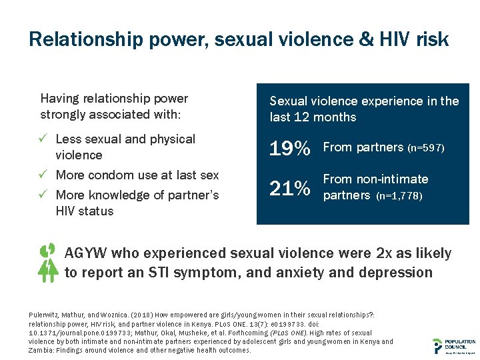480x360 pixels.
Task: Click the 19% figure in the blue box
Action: tap(289, 149)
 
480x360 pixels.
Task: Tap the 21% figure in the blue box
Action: tap(289, 189)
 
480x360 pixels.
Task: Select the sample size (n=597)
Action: tap(425, 148)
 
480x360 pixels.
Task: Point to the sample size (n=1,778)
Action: tap(399, 197)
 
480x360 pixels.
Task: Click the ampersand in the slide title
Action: tap(367, 40)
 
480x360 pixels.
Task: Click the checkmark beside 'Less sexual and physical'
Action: tap(45, 139)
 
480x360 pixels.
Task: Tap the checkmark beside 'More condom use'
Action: tap(45, 175)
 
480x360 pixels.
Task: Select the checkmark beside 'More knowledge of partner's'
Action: tap(45, 195)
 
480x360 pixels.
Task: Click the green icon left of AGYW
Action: tap(47, 262)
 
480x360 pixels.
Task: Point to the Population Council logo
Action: tap(454, 345)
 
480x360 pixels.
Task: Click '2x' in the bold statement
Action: tap(386, 254)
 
